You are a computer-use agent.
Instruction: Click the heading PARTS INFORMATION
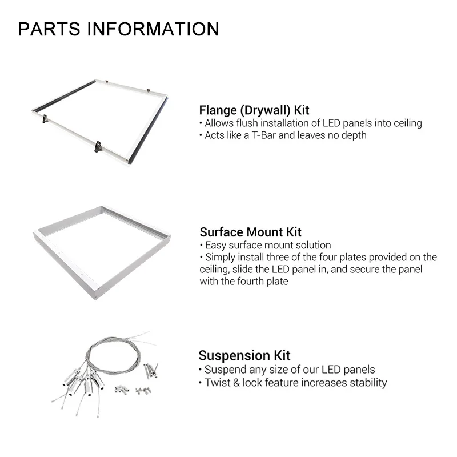pyautogui.click(x=118, y=29)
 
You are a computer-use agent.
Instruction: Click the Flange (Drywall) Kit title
pyautogui.click(x=254, y=110)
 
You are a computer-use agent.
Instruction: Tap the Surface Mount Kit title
pyautogui.click(x=251, y=232)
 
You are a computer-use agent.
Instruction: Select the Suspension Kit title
pyautogui.click(x=244, y=356)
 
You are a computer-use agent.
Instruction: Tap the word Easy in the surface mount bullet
pyautogui.click(x=215, y=245)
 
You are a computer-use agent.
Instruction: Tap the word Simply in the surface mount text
pyautogui.click(x=221, y=258)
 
